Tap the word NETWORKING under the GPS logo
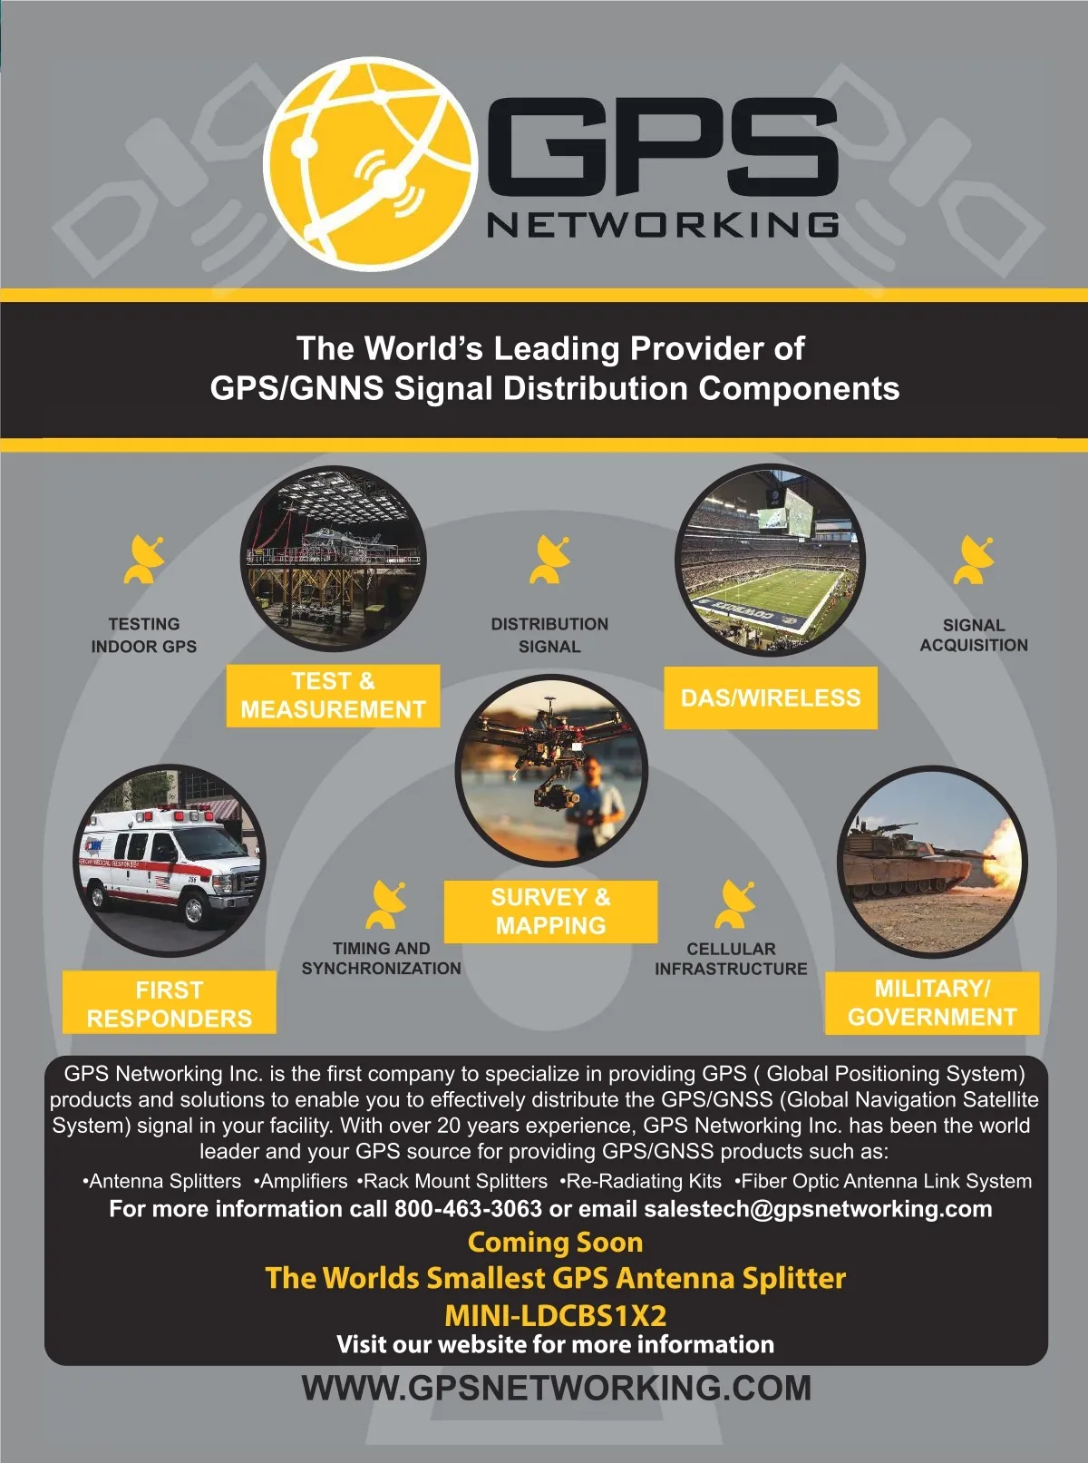pyautogui.click(x=663, y=225)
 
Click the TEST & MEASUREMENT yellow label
pyautogui.click(x=333, y=696)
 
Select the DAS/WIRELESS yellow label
pyautogui.click(x=771, y=697)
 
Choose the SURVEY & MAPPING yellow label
pyautogui.click(x=550, y=912)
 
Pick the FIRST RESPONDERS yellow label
pyautogui.click(x=169, y=1003)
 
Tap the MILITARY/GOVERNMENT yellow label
pyautogui.click(x=932, y=1003)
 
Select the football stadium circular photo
pyautogui.click(x=770, y=560)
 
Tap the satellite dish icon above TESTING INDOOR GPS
pyautogui.click(x=144, y=560)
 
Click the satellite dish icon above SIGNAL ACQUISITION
pyautogui.click(x=974, y=561)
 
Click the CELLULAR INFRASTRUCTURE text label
pyautogui.click(x=731, y=959)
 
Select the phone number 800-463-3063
pyautogui.click(x=468, y=1209)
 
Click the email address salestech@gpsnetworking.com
pyautogui.click(x=818, y=1209)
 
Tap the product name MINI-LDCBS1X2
pyautogui.click(x=555, y=1315)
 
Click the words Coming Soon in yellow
pyautogui.click(x=555, y=1242)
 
